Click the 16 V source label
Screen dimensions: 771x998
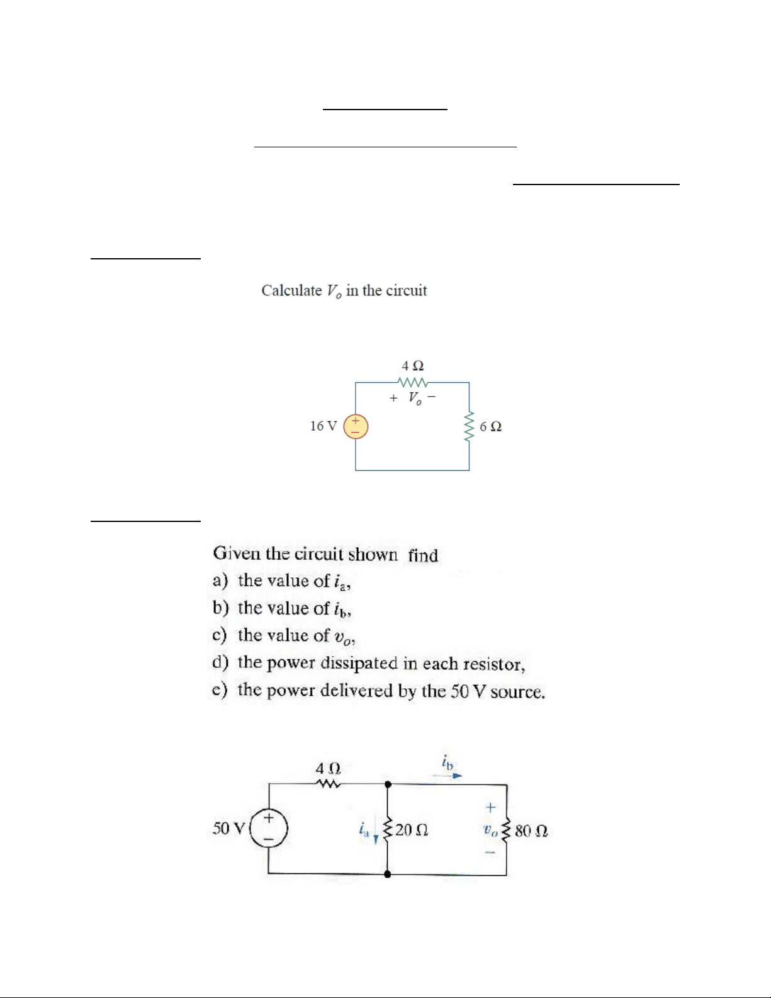click(x=324, y=426)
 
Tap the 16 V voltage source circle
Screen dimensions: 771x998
click(x=356, y=427)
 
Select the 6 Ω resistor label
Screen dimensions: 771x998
click(x=490, y=427)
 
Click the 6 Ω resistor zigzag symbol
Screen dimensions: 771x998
click(x=468, y=426)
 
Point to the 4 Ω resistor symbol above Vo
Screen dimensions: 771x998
click(x=413, y=382)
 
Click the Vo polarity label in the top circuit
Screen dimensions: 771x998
click(x=413, y=398)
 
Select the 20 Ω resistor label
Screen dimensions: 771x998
click(x=412, y=830)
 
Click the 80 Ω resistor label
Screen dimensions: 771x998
click(x=531, y=831)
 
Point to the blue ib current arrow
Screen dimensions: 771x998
click(x=447, y=776)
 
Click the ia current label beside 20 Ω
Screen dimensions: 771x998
click(x=364, y=829)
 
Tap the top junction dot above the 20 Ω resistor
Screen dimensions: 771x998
click(x=388, y=785)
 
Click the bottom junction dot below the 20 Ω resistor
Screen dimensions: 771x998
click(x=387, y=874)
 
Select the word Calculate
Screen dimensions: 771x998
click(x=292, y=290)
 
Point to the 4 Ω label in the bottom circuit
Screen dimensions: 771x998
click(x=328, y=768)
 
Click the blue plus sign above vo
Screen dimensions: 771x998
click(x=491, y=807)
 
